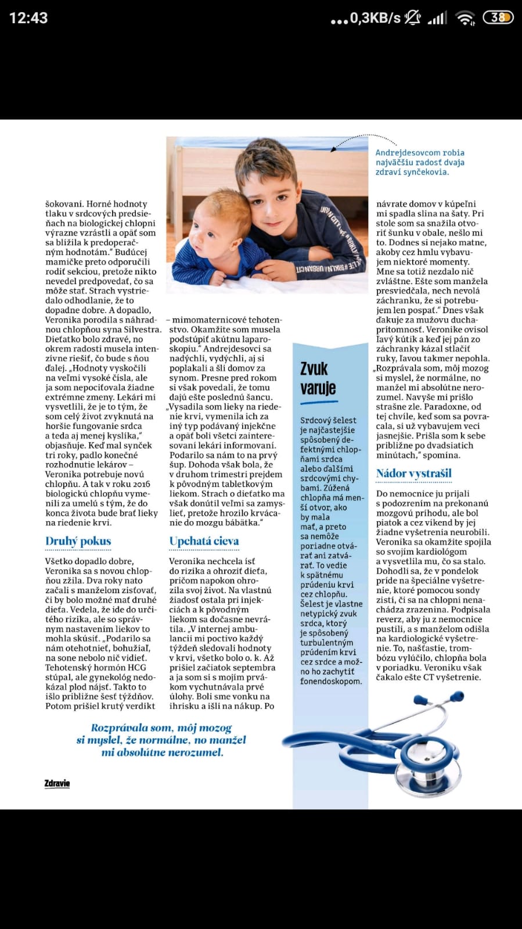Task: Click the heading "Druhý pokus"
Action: click(x=78, y=541)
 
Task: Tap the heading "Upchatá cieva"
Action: click(x=204, y=541)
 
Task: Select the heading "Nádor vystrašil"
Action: click(x=413, y=474)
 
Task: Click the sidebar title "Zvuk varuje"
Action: click(x=314, y=378)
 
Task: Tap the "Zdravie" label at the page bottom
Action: click(x=57, y=783)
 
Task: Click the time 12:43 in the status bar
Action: click(x=28, y=18)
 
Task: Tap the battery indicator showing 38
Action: click(x=498, y=18)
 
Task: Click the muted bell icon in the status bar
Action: click(x=413, y=18)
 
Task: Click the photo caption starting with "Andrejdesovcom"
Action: click(x=420, y=162)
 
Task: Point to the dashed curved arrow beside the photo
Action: click(x=365, y=141)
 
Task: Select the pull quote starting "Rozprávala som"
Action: click(x=161, y=740)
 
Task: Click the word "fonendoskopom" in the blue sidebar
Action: click(x=330, y=681)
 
